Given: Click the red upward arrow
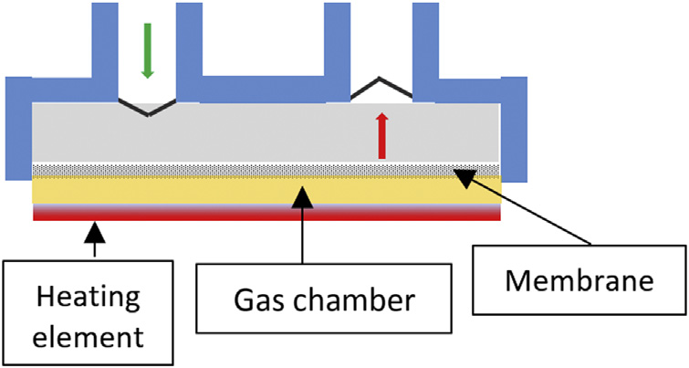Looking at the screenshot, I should click(382, 138).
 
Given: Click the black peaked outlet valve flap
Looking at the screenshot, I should click(381, 87).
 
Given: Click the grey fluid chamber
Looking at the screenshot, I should click(265, 132).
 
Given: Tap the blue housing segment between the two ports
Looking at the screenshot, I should click(265, 90).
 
